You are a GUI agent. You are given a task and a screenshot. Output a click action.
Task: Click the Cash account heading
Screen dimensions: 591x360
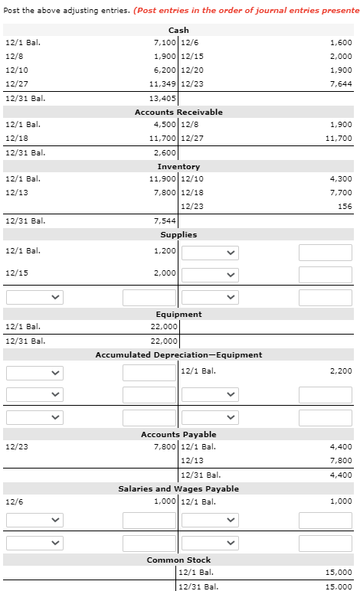(178, 30)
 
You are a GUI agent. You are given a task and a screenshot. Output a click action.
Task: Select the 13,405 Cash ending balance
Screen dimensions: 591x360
(162, 98)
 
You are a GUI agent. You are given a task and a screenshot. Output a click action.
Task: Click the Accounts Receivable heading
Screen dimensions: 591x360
(178, 112)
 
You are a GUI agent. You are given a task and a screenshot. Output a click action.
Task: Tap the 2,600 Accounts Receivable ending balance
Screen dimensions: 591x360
(165, 152)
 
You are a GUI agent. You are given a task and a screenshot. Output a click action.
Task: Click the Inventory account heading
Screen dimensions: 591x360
(178, 166)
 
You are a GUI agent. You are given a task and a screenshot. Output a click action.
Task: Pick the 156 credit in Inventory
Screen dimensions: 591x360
(345, 207)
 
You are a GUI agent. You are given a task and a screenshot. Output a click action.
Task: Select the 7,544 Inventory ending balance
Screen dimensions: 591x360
(165, 220)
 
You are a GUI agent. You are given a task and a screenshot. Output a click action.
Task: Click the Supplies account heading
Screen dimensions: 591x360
(178, 234)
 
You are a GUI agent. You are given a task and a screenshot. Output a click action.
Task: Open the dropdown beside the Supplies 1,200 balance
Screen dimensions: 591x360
(209, 252)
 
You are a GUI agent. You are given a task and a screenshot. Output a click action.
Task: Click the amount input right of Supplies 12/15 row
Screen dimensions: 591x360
(325, 274)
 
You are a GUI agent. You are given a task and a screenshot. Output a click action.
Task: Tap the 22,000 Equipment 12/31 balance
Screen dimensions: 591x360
(163, 341)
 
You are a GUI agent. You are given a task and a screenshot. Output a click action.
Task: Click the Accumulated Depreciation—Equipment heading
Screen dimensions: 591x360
(178, 354)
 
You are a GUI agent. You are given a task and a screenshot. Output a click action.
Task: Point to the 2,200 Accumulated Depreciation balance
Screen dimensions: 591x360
(341, 371)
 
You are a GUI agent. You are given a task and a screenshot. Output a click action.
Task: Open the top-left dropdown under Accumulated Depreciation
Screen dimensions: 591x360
(34, 373)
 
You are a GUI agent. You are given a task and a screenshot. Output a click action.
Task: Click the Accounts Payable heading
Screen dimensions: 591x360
(178, 434)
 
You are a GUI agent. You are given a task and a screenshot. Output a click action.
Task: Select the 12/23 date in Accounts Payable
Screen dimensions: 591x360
(15, 447)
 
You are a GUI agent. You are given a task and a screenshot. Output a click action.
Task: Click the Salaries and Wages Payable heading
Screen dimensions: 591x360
(178, 488)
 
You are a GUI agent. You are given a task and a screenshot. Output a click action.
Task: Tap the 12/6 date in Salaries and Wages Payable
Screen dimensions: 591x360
(13, 501)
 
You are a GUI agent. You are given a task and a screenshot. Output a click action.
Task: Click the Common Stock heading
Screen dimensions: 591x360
(178, 560)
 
